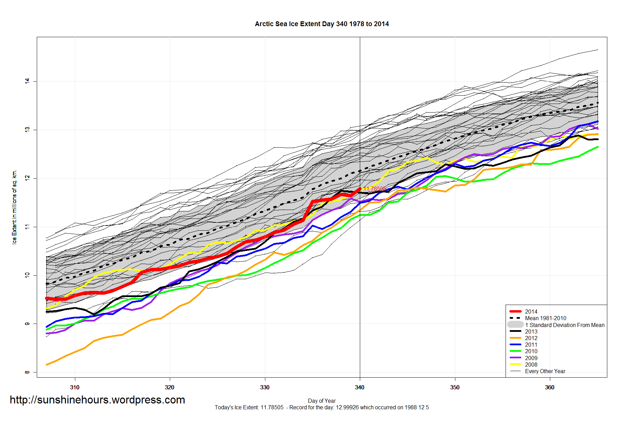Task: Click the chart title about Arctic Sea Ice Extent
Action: (x=322, y=24)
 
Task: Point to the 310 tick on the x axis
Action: (x=75, y=387)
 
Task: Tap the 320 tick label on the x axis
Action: (x=169, y=387)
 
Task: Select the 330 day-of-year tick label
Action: (x=265, y=387)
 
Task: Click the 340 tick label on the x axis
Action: (x=359, y=387)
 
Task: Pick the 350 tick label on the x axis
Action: (x=455, y=387)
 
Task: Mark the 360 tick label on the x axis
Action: (x=550, y=387)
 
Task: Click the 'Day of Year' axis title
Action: (x=322, y=401)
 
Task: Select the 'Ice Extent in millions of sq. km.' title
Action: (x=14, y=207)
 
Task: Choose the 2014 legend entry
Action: (x=531, y=312)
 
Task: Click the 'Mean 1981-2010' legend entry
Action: (x=545, y=318)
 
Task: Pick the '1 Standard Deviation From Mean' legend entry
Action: (x=564, y=325)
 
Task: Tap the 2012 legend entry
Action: (x=531, y=338)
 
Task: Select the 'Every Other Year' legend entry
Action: (x=545, y=371)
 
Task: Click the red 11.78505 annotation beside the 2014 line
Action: (x=375, y=189)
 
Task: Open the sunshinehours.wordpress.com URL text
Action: (x=97, y=400)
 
